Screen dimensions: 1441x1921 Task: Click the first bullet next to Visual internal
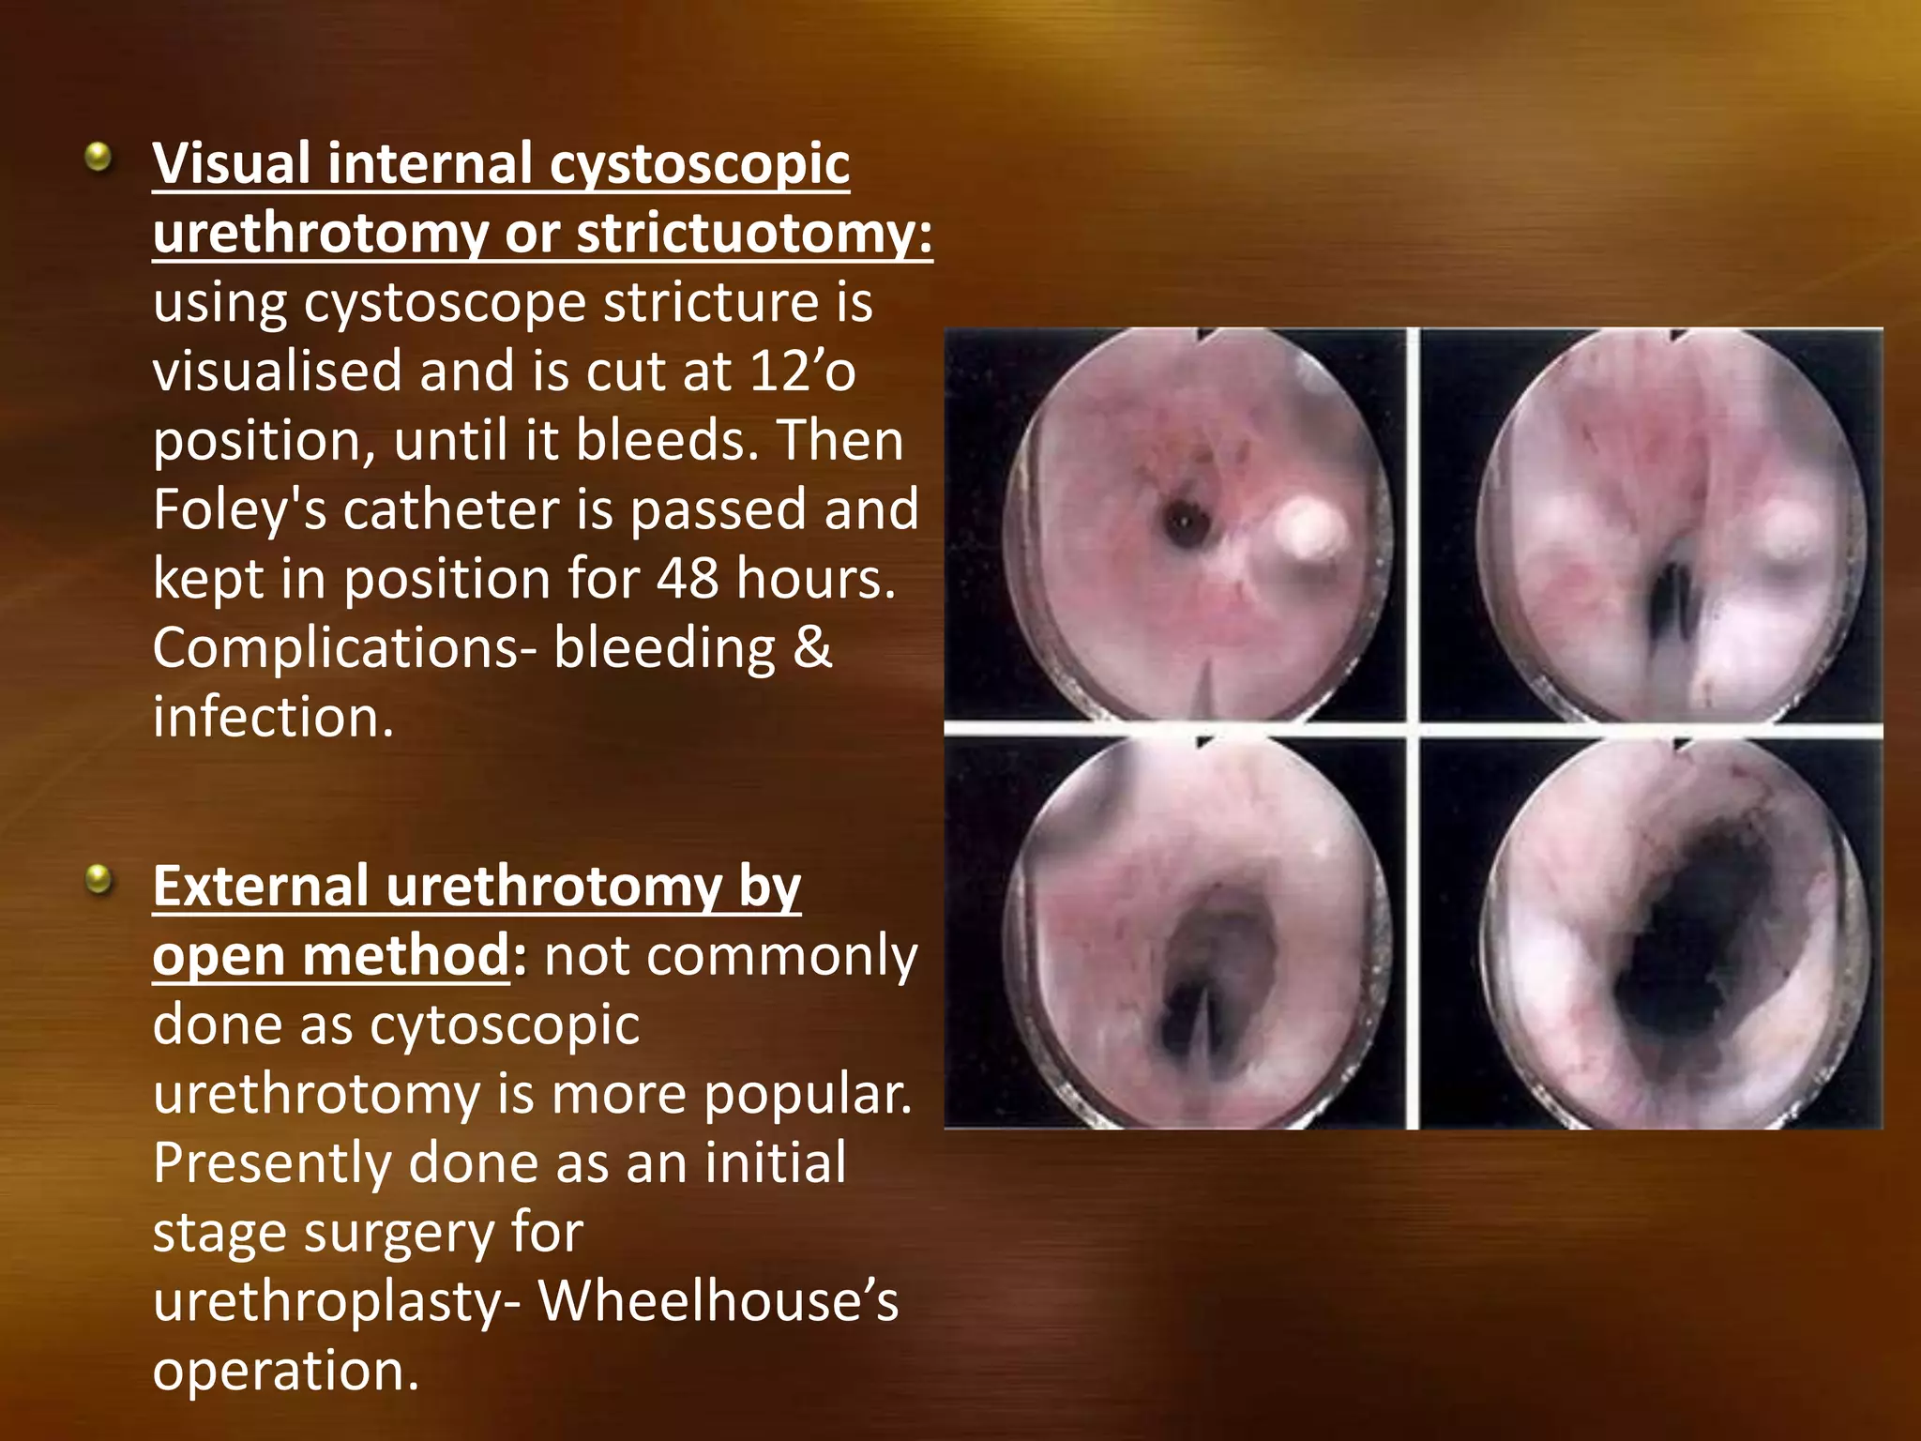(x=98, y=158)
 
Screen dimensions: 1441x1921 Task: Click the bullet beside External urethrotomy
(x=98, y=880)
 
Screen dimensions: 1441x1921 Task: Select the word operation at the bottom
(x=285, y=1371)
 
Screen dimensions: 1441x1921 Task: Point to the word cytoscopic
(x=505, y=1024)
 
